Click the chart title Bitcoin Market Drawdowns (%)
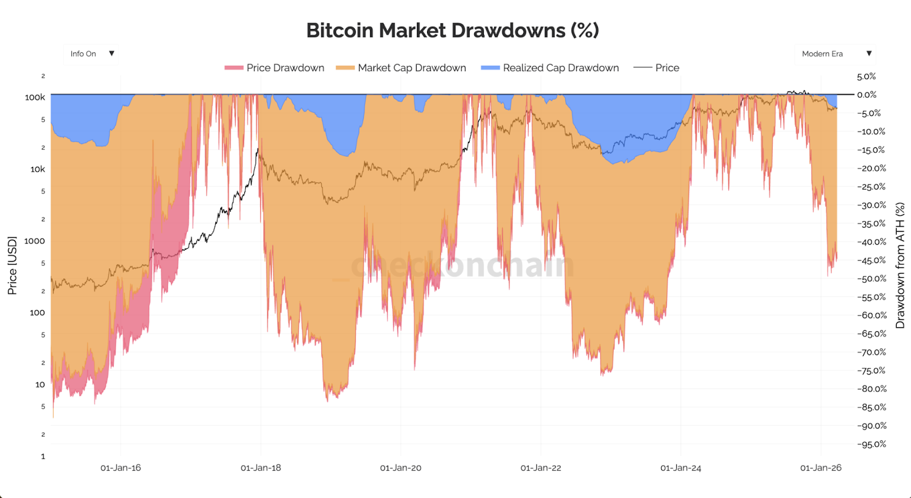453,30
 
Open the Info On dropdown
92,53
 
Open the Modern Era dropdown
835,53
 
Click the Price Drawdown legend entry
275,68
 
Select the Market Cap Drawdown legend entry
401,68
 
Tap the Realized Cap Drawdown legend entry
550,68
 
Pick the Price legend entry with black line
657,68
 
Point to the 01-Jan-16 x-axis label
121,468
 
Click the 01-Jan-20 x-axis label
401,468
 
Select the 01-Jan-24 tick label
681,468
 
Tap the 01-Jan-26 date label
820,468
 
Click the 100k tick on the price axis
35,97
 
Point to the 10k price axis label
38,169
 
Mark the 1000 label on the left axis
34,241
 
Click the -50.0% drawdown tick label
872,279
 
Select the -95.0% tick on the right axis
872,445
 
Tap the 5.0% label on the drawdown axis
867,76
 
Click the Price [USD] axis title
12,265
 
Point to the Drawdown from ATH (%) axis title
900,265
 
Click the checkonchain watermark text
462,265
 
